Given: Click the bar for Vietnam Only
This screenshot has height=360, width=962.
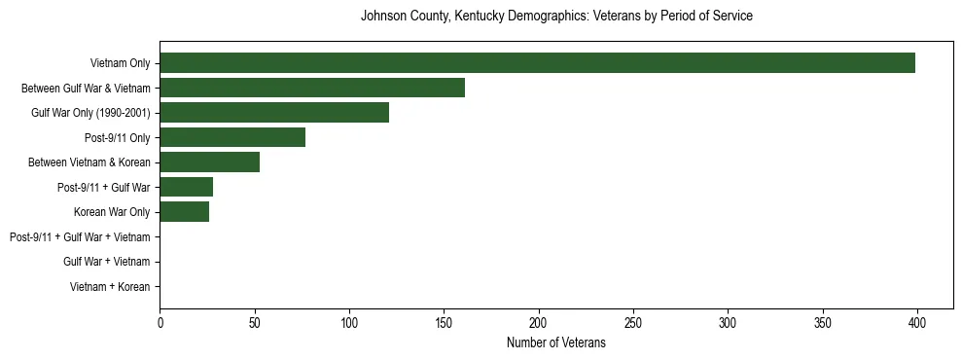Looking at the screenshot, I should point(537,63).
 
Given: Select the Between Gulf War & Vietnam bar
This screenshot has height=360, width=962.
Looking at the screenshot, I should point(312,88).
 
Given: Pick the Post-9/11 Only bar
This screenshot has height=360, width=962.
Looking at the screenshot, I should point(232,137).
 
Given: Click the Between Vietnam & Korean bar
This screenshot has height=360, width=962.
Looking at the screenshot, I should point(209,162).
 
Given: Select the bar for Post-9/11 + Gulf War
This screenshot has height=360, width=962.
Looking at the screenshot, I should point(186,187).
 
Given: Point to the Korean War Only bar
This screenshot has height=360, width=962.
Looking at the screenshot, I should point(184,212).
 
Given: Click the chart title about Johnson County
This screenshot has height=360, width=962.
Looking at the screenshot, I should point(556,17).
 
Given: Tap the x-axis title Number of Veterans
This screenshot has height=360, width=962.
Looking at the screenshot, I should point(556,342).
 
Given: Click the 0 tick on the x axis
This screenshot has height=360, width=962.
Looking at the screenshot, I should point(160,322).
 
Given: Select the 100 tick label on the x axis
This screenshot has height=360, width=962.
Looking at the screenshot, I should point(349,322).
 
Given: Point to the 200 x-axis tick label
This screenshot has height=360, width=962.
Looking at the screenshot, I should point(539,322).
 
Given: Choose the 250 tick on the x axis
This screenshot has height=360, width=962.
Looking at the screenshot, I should point(633,322).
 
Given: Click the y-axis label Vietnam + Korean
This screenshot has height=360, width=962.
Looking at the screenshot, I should point(110,287).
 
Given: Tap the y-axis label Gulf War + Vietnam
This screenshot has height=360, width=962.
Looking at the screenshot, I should point(107,262).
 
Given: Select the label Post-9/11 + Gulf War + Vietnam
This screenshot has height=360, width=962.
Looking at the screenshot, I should point(80,237).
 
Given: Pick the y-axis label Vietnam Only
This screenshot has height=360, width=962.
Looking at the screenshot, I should point(120,63).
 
